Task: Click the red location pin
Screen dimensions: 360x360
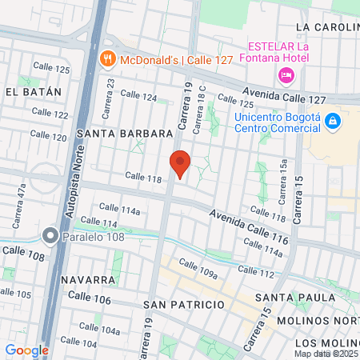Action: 180,164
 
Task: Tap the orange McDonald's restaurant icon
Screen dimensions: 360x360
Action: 106,58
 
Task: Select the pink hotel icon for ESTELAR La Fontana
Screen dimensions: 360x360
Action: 284,75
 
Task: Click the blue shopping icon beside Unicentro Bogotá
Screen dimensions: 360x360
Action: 332,122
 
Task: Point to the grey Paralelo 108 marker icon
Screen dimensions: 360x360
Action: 50,237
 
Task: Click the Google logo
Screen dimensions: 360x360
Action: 26,350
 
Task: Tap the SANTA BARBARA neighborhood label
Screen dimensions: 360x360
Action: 124,133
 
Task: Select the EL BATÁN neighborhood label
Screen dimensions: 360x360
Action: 33,92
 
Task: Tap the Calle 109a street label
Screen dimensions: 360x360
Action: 198,268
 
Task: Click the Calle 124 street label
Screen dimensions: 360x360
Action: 138,95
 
